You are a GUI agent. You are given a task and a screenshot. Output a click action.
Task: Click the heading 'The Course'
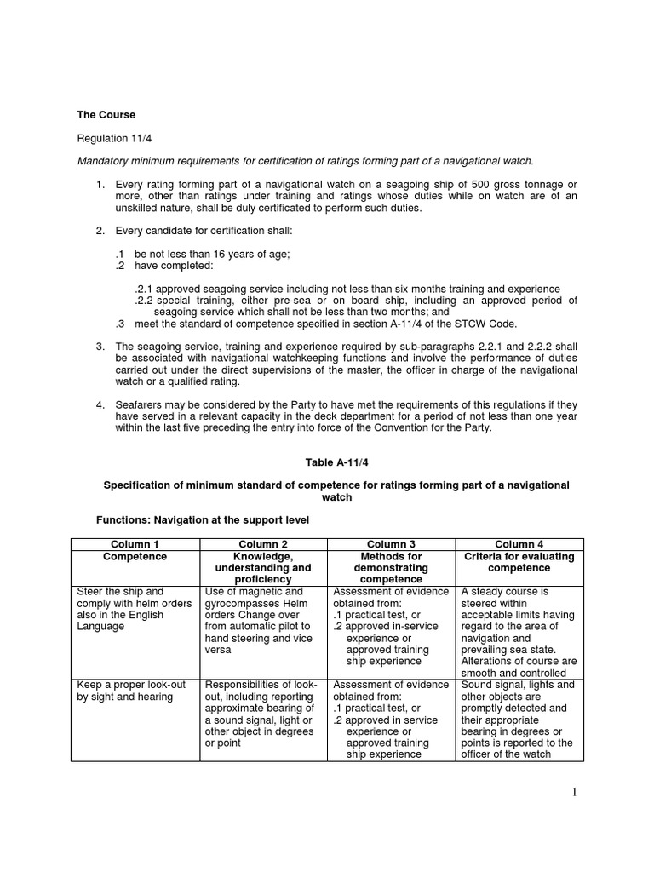(106, 115)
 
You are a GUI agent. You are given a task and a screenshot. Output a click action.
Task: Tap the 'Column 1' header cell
(135, 544)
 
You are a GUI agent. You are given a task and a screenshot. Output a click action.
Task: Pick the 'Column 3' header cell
(391, 544)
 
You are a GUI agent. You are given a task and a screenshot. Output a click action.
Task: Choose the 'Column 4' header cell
(519, 544)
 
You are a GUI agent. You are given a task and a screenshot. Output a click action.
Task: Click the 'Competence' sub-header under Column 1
(135, 557)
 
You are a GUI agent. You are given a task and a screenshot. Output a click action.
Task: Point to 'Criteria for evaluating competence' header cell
(519, 562)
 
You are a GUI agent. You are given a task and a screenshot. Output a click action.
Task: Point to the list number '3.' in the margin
(100, 347)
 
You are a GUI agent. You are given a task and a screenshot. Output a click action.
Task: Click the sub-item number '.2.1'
(144, 289)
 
